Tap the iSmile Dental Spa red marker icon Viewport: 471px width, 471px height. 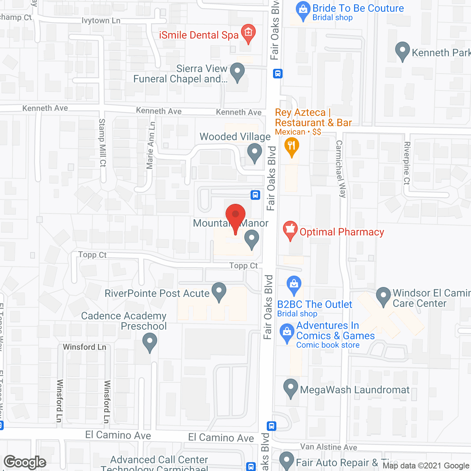[248, 33]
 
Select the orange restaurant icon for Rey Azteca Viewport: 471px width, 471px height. [292, 146]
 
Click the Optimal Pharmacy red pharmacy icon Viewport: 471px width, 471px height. [290, 230]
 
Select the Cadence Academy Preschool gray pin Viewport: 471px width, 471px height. [149, 341]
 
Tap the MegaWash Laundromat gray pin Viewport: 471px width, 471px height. [291, 388]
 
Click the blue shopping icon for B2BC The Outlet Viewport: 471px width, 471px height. [294, 285]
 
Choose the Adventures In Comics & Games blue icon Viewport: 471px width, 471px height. [287, 333]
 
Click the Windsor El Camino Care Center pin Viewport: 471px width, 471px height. [383, 296]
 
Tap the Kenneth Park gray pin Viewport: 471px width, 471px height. [402, 51]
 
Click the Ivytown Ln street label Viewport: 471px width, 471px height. [101, 21]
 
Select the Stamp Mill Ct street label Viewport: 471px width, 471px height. [102, 143]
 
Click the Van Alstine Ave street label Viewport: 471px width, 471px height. [329, 447]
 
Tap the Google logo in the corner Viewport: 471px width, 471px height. [25, 462]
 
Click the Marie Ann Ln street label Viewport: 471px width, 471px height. [150, 145]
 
